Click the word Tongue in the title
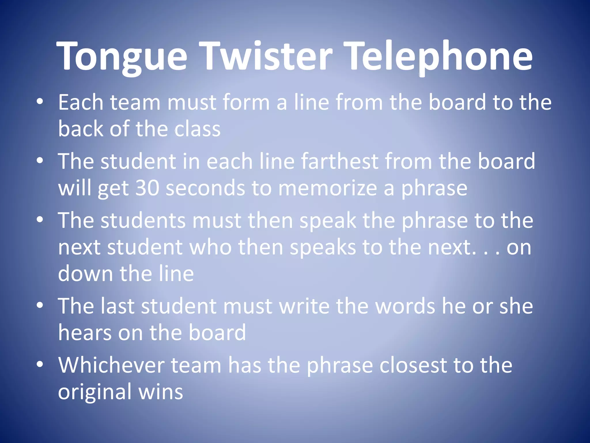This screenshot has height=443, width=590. click(x=122, y=56)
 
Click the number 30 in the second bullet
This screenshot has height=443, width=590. click(x=147, y=188)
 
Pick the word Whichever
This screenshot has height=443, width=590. click(x=111, y=365)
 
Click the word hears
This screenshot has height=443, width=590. click(x=85, y=333)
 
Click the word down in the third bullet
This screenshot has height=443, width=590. click(x=85, y=273)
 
